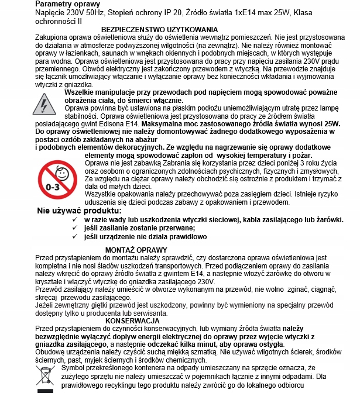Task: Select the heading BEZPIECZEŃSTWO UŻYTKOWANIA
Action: coord(160,29)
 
